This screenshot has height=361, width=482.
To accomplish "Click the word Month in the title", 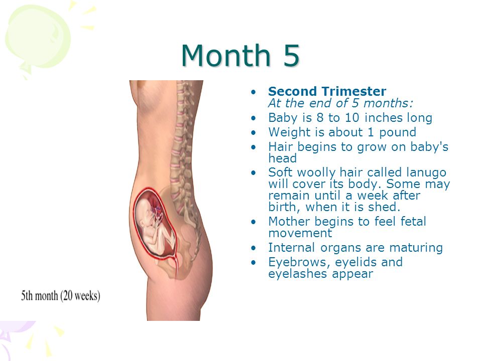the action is pos(226,55).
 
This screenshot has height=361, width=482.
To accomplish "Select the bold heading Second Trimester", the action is pos(327,91).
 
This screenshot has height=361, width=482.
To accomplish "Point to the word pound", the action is pos(398,132).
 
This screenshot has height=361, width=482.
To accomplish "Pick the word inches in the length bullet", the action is pos(383,117).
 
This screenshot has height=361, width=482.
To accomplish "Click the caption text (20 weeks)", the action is pos(80,296).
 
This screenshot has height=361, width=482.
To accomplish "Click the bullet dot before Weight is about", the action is pos(253,132).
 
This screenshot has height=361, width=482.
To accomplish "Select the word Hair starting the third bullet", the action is pos(281,147).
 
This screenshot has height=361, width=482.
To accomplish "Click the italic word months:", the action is pos(388,103).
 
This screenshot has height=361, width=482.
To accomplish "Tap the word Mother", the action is pos(289,221).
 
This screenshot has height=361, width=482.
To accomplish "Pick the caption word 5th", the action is pos(27,296).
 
